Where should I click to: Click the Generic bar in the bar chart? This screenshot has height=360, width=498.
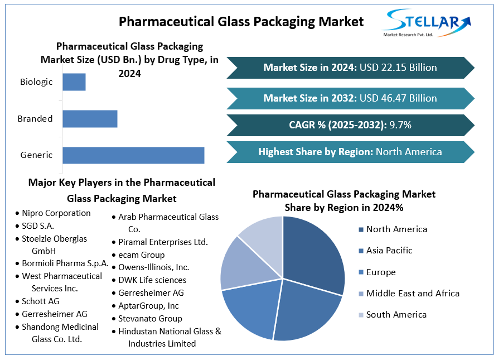133,155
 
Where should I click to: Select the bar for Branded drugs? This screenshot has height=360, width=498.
90,118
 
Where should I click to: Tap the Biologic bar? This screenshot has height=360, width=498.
74,82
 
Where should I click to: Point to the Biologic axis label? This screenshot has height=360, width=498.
36,82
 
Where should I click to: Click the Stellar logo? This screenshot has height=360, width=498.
426,23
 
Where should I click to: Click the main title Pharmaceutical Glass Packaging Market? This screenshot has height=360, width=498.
241,22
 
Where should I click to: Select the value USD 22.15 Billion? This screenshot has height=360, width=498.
398,68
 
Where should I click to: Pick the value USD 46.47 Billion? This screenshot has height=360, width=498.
398,98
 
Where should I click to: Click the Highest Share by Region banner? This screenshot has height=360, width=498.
350,152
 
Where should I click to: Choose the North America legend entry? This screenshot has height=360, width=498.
397,229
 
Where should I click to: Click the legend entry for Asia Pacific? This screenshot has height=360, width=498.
389,251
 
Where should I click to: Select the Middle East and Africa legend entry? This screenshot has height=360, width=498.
413,294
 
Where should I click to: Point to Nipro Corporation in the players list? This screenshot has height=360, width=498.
56,213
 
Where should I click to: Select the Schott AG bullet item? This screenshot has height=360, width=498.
41,301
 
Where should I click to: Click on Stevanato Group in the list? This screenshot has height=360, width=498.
150,319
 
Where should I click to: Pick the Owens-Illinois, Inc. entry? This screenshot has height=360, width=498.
153,267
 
